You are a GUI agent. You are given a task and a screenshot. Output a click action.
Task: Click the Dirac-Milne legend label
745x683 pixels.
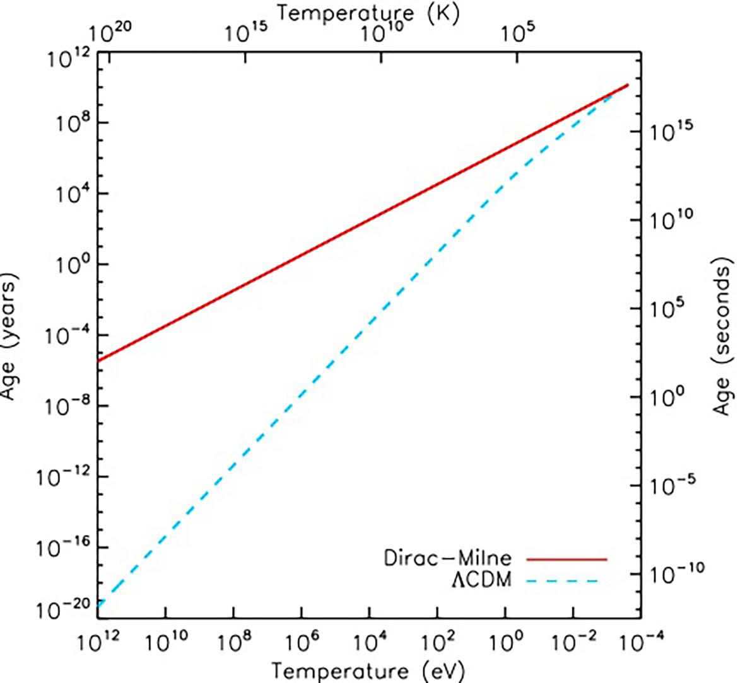(447, 558)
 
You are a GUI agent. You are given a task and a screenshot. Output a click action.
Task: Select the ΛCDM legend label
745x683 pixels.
(481, 580)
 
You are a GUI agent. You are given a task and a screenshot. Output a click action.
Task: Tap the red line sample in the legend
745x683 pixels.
(566, 559)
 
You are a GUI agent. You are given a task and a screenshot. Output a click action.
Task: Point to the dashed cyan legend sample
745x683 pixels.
(566, 580)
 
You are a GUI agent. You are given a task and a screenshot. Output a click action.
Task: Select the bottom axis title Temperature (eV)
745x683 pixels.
(368, 670)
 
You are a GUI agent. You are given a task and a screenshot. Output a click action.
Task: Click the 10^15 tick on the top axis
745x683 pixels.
(247, 33)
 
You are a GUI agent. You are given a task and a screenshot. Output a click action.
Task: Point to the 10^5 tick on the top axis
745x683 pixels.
(521, 33)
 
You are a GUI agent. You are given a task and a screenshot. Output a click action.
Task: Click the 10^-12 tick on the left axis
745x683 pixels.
(65, 477)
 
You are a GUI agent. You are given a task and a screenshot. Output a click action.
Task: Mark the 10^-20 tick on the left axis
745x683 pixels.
(65, 611)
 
